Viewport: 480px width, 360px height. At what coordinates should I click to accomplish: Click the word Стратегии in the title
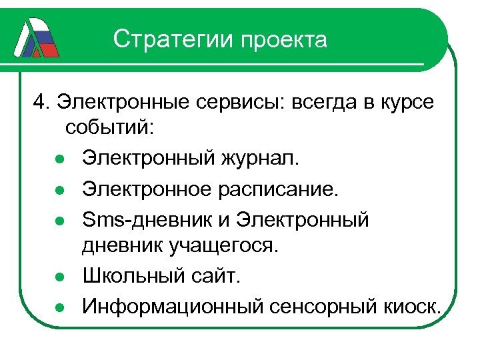coord(174,40)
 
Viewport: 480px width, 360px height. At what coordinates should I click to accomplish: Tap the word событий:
coord(109,129)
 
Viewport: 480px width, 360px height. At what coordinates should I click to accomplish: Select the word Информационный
coord(174,306)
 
